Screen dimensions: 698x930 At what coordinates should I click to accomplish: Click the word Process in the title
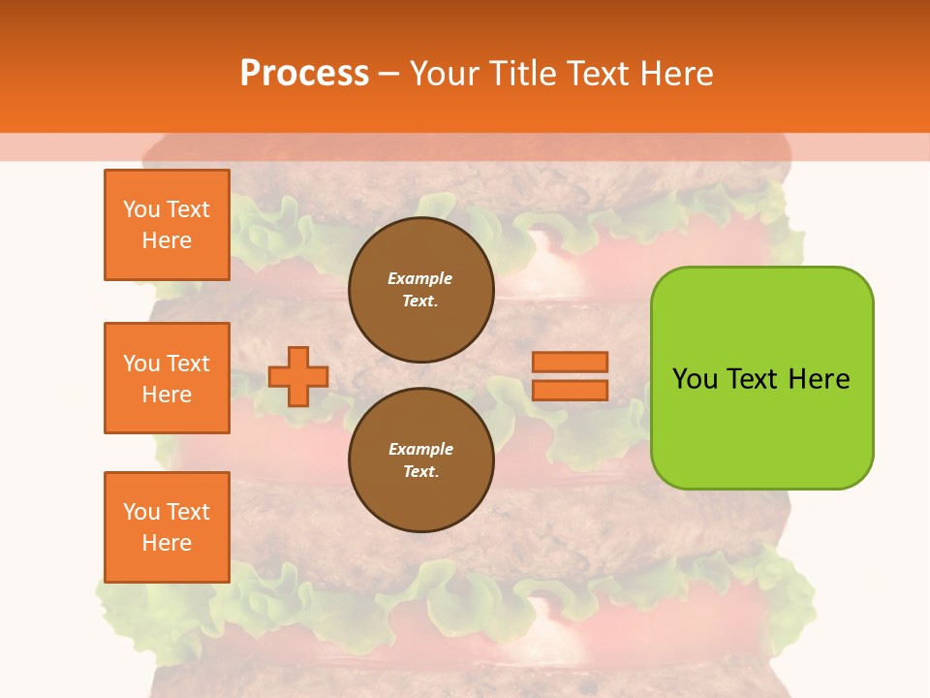click(304, 73)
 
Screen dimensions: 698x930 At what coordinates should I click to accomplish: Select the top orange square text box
click(167, 225)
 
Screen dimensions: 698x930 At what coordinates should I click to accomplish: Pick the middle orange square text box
click(167, 378)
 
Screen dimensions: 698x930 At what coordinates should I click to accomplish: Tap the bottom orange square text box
click(167, 527)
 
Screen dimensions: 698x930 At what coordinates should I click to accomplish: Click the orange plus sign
click(298, 376)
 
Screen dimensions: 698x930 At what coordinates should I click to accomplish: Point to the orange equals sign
click(570, 376)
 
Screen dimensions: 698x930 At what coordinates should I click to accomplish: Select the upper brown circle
click(421, 290)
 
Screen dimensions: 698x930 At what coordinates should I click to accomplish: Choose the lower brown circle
click(421, 460)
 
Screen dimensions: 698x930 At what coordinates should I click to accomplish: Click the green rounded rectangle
click(761, 377)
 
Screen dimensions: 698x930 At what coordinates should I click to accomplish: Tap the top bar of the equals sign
click(570, 363)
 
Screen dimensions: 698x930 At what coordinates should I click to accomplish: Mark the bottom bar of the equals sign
click(570, 390)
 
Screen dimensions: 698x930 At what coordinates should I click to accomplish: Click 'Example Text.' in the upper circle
click(420, 290)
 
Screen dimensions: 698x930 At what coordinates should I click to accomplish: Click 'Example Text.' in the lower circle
click(420, 460)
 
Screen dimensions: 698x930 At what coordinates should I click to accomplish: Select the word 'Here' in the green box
click(819, 378)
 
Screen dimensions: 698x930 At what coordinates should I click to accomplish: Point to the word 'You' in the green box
click(695, 378)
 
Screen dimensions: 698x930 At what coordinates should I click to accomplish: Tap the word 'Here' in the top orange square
click(167, 240)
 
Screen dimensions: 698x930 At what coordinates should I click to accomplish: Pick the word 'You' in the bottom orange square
click(141, 512)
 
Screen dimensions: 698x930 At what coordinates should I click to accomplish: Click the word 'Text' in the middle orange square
click(188, 364)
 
